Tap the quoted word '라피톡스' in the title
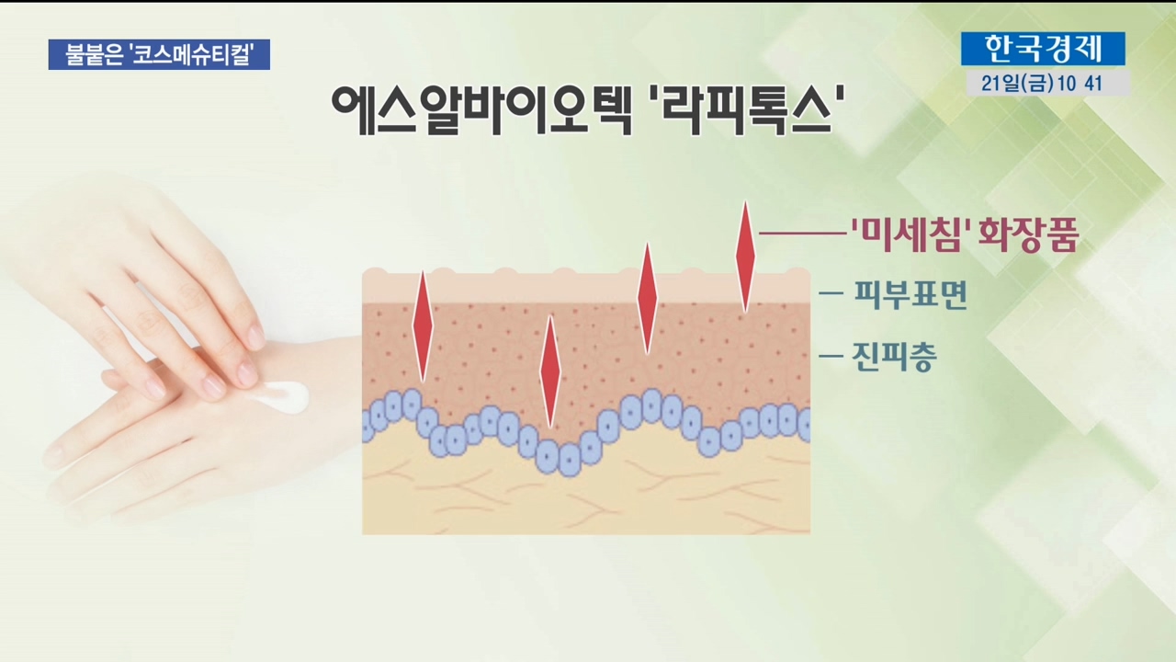coord(746,109)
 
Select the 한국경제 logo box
coord(1043,49)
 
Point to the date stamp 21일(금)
coord(1017,83)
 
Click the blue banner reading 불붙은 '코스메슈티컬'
coord(159,54)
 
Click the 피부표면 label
coord(910,295)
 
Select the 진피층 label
coord(894,356)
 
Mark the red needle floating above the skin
coord(745,257)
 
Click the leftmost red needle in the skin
coord(423,325)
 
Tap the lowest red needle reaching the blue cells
coord(550,371)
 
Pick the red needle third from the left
coord(648,299)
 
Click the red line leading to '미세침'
coord(804,234)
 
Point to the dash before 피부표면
coord(831,293)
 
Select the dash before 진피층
coord(831,356)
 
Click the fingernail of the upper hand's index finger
coord(255,337)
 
